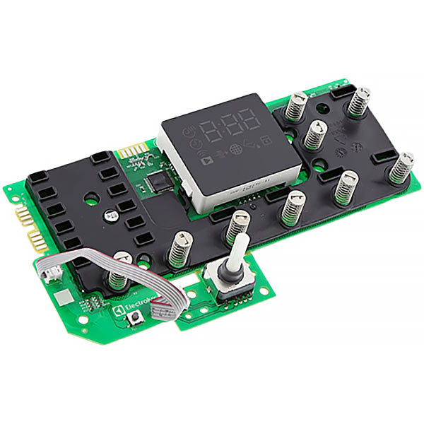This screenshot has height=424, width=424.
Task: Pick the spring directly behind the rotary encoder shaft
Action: tap(237, 227)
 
